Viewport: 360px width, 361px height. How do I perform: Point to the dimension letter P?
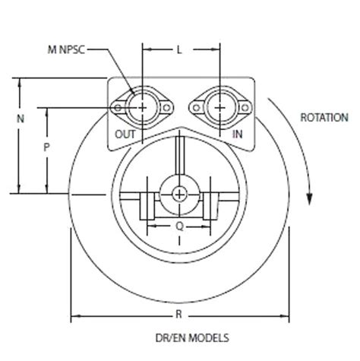(46, 149)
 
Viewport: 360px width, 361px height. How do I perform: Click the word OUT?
(125, 134)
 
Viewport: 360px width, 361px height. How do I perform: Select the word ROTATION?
(324, 118)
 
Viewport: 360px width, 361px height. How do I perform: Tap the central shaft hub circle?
(178, 194)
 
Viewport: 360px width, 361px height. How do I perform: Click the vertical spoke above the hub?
(178, 160)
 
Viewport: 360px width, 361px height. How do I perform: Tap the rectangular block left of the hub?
(147, 206)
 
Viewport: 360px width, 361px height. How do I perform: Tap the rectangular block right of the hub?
(210, 206)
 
